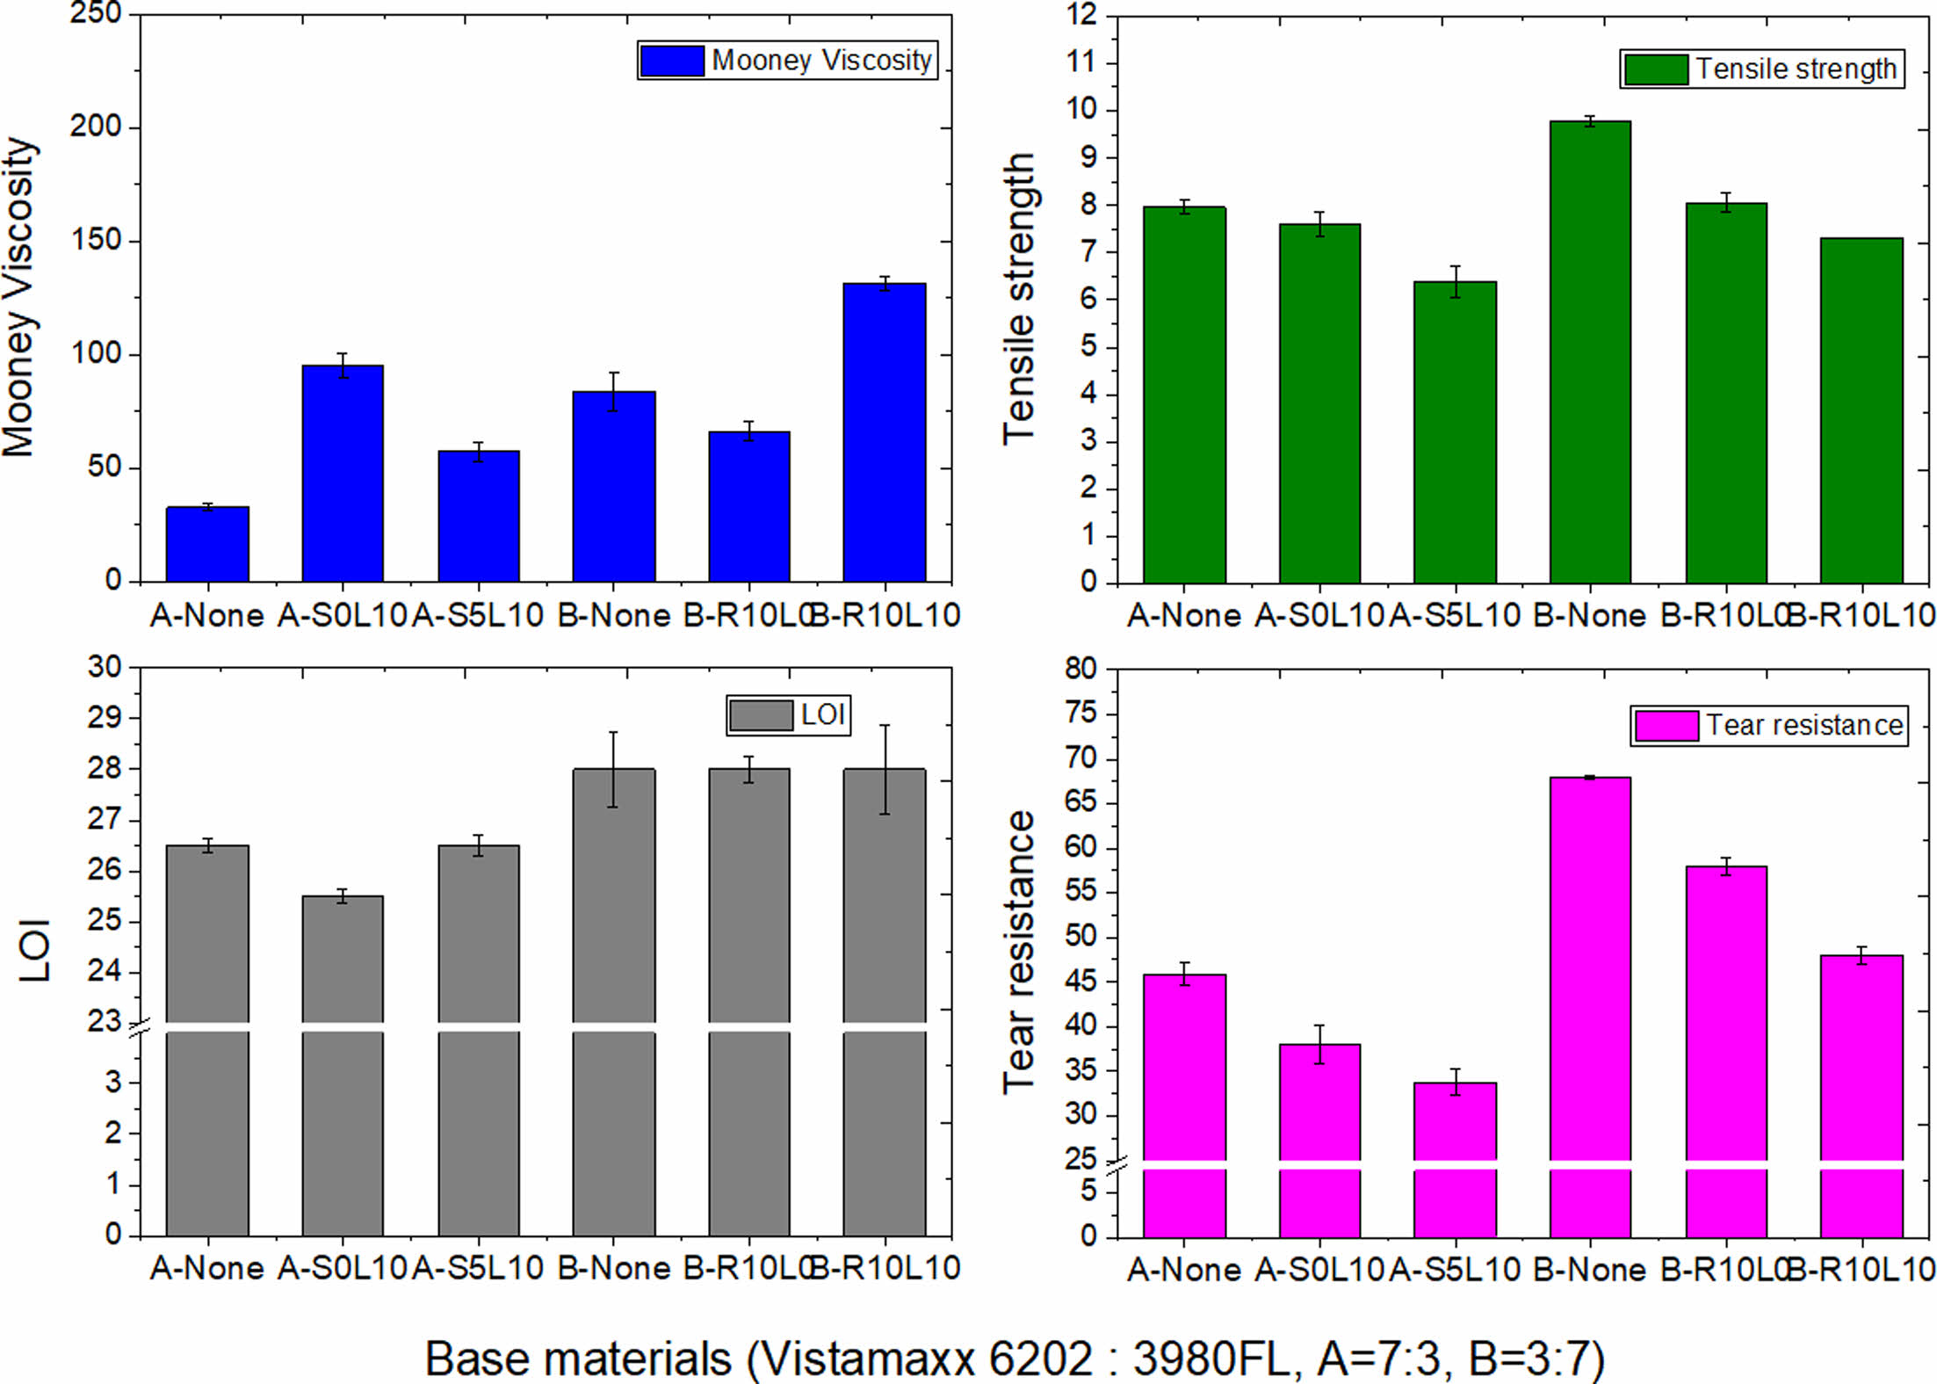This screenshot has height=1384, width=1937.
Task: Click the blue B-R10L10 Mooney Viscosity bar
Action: (884, 432)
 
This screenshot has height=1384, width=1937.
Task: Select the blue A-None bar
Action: (207, 545)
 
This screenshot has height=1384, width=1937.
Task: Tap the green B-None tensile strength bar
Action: (1590, 351)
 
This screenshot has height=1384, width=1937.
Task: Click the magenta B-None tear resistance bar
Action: (1590, 967)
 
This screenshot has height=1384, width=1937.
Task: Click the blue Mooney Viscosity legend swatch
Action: (672, 61)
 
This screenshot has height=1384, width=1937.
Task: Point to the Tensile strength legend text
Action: (1796, 69)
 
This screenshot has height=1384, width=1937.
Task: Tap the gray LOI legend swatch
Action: (761, 715)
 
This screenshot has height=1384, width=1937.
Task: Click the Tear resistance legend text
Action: (1803, 726)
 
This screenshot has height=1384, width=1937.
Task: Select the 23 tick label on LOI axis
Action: (105, 1021)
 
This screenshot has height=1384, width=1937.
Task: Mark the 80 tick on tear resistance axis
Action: (1081, 669)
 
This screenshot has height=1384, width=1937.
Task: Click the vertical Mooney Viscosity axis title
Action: (19, 297)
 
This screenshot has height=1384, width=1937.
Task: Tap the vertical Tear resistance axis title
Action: (1019, 952)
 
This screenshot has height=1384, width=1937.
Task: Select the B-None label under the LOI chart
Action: (614, 1268)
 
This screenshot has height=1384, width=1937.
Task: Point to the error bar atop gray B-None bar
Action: (614, 769)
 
